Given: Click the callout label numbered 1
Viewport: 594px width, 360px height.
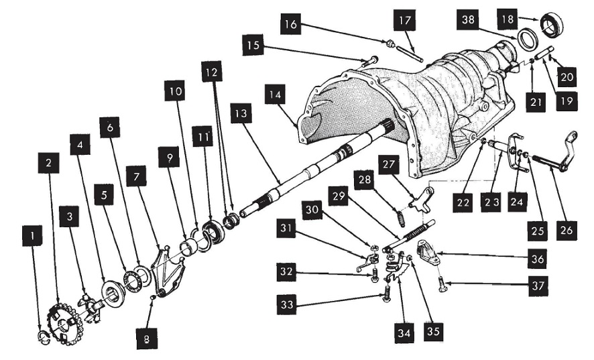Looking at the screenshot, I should coord(32,236).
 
